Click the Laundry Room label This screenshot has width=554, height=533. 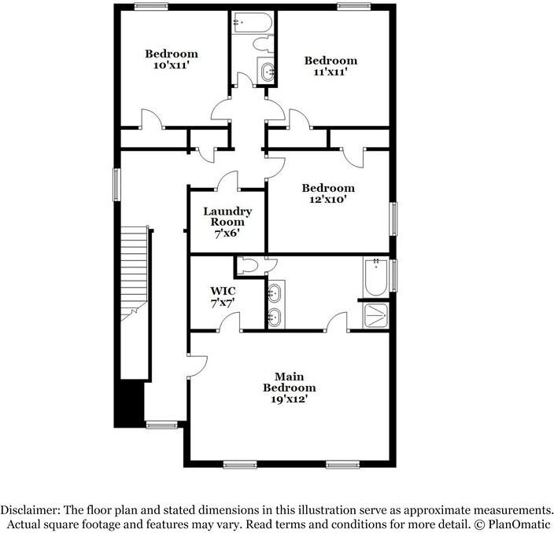tap(227, 222)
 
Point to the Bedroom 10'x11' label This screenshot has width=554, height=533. tap(171, 60)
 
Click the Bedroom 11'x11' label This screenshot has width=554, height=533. tap(331, 66)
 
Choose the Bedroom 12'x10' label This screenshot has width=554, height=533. tap(328, 193)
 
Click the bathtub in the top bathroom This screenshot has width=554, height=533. tap(253, 23)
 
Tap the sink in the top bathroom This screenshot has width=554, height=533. tap(268, 72)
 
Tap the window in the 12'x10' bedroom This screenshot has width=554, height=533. tap(394, 218)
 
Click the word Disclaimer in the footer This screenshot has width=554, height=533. tap(34, 509)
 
